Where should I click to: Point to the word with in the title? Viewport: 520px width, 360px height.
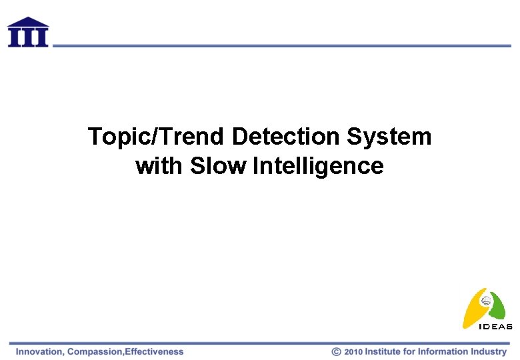click(160, 165)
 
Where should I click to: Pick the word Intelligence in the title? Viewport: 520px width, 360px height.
click(319, 166)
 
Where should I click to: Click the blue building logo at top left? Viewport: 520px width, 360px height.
click(28, 32)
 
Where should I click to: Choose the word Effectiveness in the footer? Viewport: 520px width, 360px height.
click(154, 351)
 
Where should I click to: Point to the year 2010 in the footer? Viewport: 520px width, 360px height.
click(353, 351)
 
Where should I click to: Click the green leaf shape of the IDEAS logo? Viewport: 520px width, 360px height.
click(499, 307)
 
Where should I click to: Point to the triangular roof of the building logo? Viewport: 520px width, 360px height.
click(28, 22)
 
